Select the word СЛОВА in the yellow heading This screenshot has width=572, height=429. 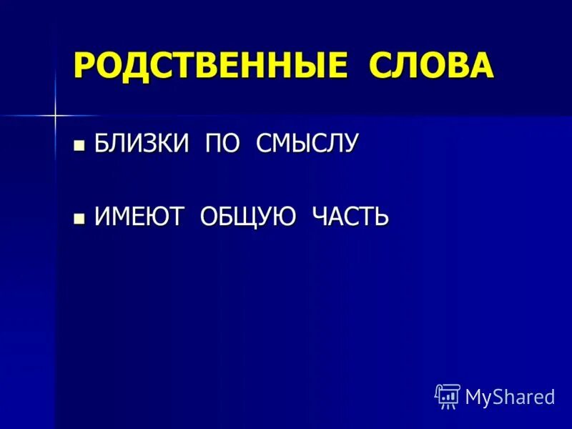point(431,66)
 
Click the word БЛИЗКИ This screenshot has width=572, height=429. point(141,144)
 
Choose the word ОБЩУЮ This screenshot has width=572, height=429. point(248,216)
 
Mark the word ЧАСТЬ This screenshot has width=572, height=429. point(350,216)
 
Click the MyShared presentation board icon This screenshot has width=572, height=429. point(448,395)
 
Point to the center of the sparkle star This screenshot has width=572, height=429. point(54,114)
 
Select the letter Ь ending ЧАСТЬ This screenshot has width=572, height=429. point(381,216)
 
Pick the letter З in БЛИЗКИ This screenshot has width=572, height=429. point(154,144)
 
